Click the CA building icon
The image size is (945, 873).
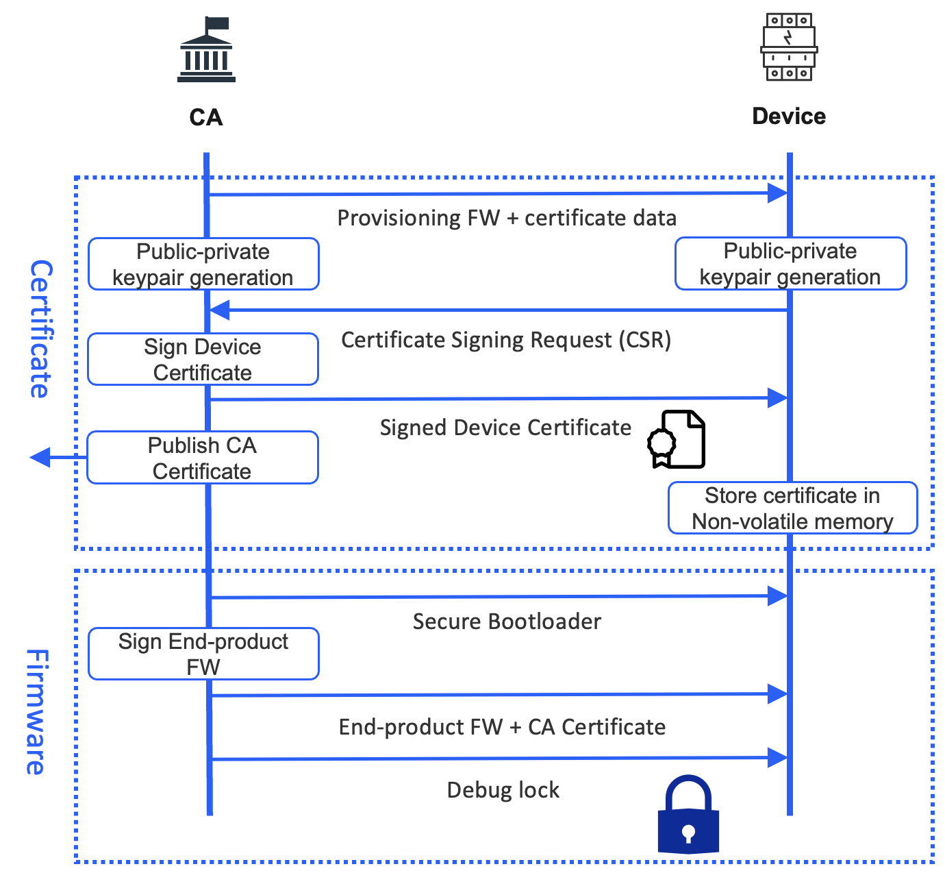(x=206, y=51)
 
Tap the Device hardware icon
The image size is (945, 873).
(x=789, y=47)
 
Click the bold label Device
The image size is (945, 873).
(x=789, y=116)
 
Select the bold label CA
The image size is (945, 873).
(x=206, y=118)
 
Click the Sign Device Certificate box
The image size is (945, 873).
(x=203, y=360)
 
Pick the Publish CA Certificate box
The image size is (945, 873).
(x=203, y=458)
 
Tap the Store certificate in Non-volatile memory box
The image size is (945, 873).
(x=792, y=508)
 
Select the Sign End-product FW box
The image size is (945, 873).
(x=203, y=654)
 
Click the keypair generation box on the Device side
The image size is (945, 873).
(x=790, y=264)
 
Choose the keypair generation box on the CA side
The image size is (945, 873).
(x=203, y=265)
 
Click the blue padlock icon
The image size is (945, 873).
(x=688, y=815)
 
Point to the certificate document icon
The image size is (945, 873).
(x=677, y=440)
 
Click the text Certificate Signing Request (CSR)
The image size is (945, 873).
(x=506, y=341)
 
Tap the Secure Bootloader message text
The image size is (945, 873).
(x=507, y=622)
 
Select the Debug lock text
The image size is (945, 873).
(x=503, y=790)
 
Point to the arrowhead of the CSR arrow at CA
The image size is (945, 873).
(x=220, y=310)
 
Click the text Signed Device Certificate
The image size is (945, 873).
(x=505, y=428)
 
